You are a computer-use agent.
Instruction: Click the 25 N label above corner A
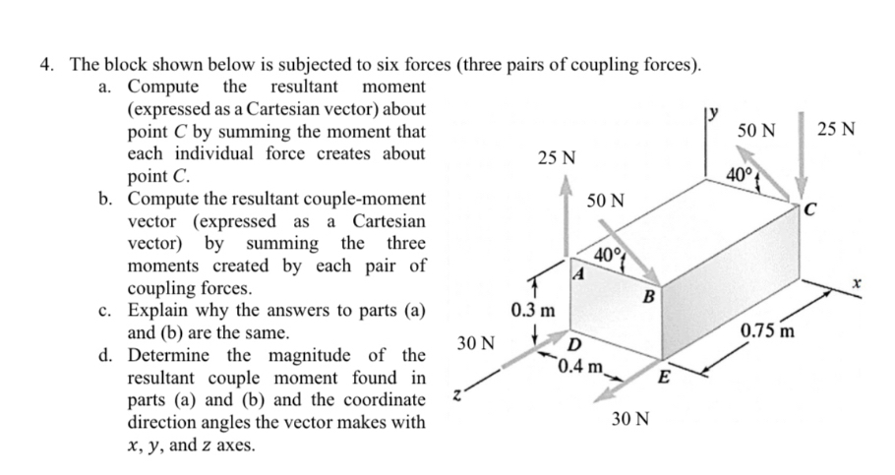point(558,158)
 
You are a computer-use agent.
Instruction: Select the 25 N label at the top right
point(836,131)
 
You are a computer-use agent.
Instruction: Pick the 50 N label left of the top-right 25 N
point(756,131)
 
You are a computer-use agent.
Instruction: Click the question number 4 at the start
point(46,66)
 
